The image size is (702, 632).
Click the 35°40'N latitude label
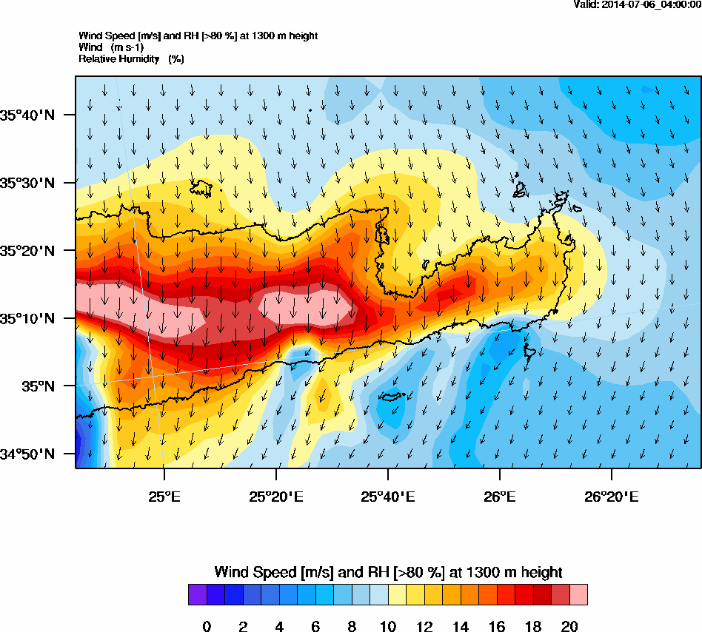tap(27, 115)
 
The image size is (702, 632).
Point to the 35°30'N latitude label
tap(27, 183)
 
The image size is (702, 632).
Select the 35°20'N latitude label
tap(27, 251)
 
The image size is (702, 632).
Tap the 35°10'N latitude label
tap(27, 319)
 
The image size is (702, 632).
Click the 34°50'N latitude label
tap(27, 454)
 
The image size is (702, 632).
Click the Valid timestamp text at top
tap(637, 4)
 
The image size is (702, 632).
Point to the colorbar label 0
tap(207, 627)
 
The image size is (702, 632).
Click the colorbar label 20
tap(569, 627)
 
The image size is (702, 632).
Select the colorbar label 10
tap(388, 627)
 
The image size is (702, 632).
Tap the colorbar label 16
tap(497, 627)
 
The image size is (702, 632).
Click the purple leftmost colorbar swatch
tap(198, 595)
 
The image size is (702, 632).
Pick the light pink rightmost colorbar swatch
tap(578, 595)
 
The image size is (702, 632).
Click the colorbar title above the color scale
tap(388, 572)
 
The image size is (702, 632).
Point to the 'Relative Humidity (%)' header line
tap(131, 58)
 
